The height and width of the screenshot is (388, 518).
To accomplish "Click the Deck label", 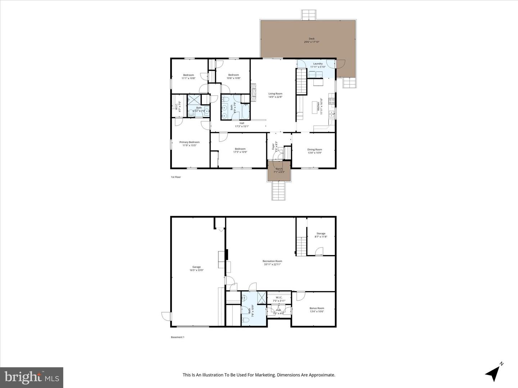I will (312, 39).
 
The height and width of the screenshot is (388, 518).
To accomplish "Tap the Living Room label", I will (275, 94).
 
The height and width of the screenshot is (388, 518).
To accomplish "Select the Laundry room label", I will (318, 64).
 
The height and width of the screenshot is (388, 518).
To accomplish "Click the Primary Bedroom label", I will (189, 142).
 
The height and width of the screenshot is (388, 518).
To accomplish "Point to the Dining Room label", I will (314, 149).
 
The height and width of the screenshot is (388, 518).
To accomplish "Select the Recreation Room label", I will (272, 261).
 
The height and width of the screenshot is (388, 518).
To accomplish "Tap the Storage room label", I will (321, 234).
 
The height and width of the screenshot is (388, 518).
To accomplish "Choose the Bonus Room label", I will (317, 308).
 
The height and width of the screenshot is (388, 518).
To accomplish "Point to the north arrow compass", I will (494, 373).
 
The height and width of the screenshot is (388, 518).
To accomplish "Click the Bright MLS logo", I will (32, 377).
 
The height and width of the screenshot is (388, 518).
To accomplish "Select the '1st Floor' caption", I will (176, 177).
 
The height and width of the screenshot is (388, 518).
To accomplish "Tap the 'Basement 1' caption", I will (177, 337).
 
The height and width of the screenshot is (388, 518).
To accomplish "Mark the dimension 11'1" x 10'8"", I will (188, 78).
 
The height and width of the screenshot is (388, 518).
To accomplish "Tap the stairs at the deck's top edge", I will (309, 15).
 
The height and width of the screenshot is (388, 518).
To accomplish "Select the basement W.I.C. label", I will (279, 297).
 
